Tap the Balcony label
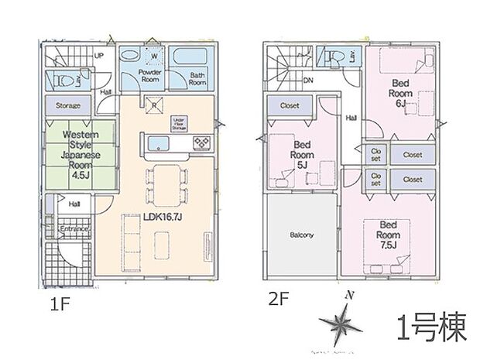point(301,235)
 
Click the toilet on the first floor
point(63,79)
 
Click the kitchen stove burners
point(201,142)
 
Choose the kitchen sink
point(156,142)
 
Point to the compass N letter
point(350,296)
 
